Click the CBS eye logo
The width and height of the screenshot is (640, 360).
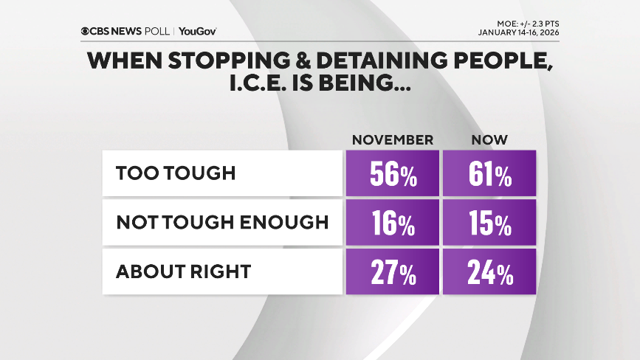point(86,31)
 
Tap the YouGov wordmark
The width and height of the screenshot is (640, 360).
point(197,31)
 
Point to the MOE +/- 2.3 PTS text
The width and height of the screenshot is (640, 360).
point(523,22)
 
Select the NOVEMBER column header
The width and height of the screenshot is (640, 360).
point(392,140)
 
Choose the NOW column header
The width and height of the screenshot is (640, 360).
point(489,140)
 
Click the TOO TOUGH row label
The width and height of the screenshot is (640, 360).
point(175,174)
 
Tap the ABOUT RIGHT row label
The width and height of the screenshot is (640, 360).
point(183,271)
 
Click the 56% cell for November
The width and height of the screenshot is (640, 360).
point(392,175)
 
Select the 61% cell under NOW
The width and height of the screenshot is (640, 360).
point(489,175)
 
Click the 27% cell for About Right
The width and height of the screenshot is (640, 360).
point(392,272)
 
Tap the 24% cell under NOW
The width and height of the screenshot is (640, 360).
point(489,272)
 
